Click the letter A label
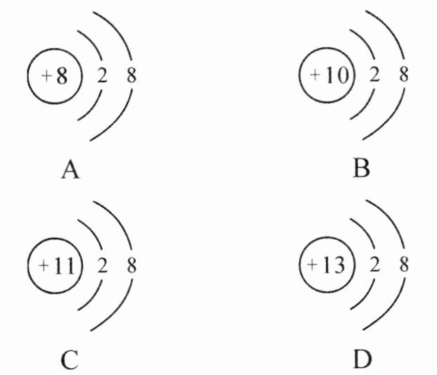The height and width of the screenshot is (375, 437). tap(69, 169)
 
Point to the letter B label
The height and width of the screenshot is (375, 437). tap(360, 169)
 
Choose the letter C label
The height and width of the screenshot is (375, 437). tap(69, 360)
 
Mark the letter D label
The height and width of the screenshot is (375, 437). tap(360, 360)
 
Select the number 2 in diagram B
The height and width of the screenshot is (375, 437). tap(374, 75)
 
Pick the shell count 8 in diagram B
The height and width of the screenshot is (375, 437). tap(403, 75)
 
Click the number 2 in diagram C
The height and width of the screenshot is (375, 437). tap(102, 266)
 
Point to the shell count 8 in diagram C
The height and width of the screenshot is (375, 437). tap(132, 266)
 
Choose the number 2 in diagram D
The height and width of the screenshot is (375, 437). tap(374, 266)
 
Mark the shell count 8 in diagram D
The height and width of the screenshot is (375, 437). tap(403, 266)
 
